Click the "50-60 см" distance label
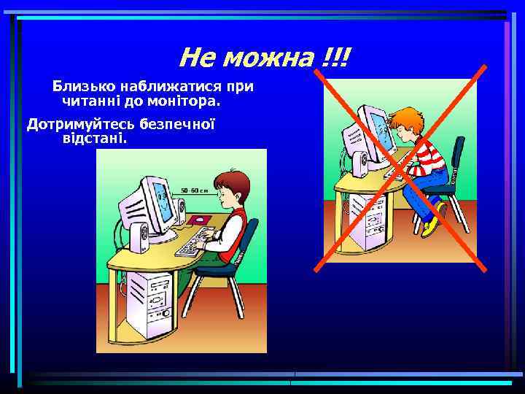coord(194,190)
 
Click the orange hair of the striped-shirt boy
coord(408,117)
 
